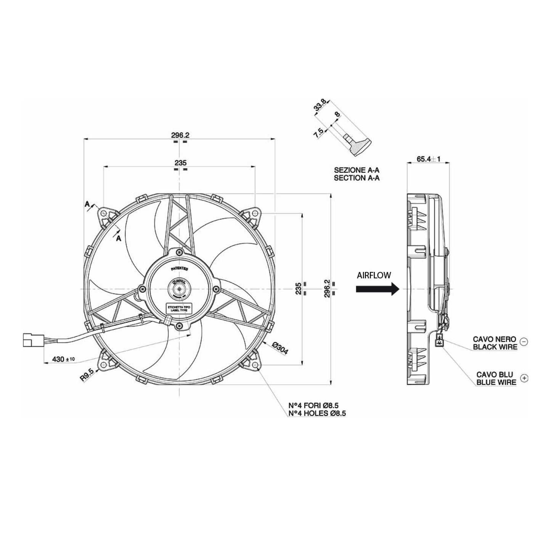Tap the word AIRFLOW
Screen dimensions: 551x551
click(x=374, y=275)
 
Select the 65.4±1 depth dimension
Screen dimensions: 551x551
click(x=428, y=159)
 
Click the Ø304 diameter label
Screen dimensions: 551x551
click(x=280, y=349)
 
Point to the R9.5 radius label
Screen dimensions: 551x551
click(x=87, y=374)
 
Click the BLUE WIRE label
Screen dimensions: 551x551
click(x=496, y=382)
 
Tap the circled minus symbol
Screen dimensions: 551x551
click(x=524, y=342)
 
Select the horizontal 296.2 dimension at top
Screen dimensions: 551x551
click(x=180, y=135)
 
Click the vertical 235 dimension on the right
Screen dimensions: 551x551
click(x=299, y=289)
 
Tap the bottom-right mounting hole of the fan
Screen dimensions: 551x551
click(x=255, y=366)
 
